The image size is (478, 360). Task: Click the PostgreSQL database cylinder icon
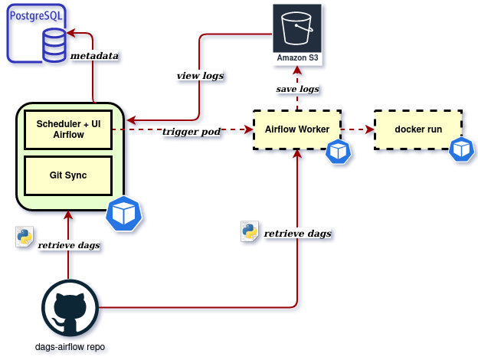tap(54, 45)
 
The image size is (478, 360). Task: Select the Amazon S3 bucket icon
tap(297, 28)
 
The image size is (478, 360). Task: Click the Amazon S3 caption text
tap(297, 59)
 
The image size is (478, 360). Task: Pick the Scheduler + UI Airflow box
tap(68, 129)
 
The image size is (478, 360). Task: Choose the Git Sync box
tap(68, 175)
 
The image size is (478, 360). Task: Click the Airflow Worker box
tap(296, 129)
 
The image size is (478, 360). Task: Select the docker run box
tap(417, 129)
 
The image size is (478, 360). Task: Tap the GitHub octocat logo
tap(70, 308)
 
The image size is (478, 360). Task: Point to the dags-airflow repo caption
tap(70, 347)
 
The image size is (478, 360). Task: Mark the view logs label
tap(200, 76)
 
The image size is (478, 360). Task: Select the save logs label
tap(297, 90)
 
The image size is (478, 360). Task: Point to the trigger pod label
tap(192, 132)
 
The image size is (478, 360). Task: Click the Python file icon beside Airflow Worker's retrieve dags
tap(249, 232)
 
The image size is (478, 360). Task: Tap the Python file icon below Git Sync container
tap(24, 237)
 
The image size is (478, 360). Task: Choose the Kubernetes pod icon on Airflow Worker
tap(338, 152)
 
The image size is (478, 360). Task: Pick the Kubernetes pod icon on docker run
tap(461, 150)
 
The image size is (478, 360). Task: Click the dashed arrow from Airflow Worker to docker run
tap(357, 129)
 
